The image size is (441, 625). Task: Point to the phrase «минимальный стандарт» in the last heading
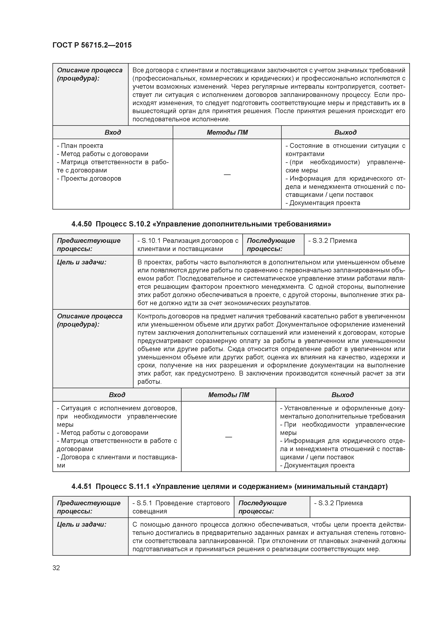click(x=341, y=486)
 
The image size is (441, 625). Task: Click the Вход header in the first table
click(x=113, y=132)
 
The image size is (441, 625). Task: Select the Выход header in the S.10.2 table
click(x=342, y=395)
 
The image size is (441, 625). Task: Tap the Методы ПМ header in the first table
click(x=227, y=132)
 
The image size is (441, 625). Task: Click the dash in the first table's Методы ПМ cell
click(x=227, y=174)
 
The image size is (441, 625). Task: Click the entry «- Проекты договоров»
click(x=89, y=179)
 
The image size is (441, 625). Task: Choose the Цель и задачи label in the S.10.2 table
click(x=81, y=262)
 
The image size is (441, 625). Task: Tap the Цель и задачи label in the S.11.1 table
click(x=81, y=524)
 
